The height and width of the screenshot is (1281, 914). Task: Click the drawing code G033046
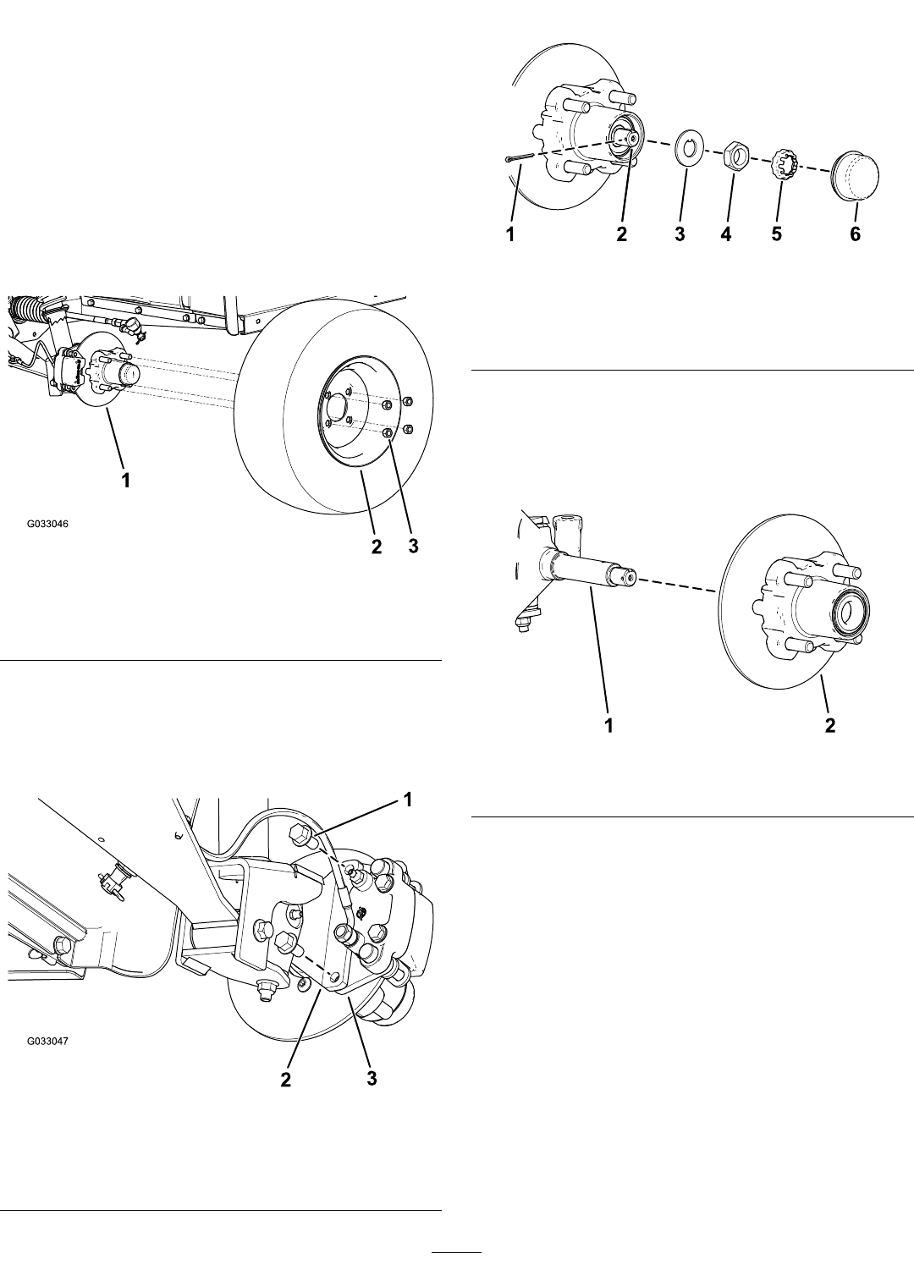pos(47,523)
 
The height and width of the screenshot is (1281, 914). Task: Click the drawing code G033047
pos(47,1042)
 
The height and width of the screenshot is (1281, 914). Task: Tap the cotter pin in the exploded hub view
pos(520,158)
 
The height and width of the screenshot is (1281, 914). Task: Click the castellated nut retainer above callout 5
pos(785,164)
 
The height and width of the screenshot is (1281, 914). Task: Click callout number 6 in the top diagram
pos(855,234)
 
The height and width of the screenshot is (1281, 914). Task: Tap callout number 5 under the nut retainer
pos(776,234)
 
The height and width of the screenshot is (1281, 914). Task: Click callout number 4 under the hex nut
pos(726,234)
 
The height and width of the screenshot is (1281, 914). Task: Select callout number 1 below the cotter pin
pos(511,234)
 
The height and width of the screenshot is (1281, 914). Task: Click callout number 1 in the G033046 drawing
pos(125,481)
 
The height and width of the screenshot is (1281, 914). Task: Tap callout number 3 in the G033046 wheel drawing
pos(413,546)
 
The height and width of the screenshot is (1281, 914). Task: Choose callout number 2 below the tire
pos(376,546)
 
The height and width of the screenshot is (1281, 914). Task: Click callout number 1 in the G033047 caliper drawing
pos(408,800)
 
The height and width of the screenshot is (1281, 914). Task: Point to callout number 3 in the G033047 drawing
pos(372,1079)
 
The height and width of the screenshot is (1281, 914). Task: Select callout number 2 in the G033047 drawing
pos(285,1079)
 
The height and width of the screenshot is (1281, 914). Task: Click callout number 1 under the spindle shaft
pos(608,726)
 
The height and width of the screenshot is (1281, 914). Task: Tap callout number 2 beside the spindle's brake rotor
pos(829,726)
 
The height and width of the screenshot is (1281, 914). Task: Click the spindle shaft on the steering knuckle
pos(589,568)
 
